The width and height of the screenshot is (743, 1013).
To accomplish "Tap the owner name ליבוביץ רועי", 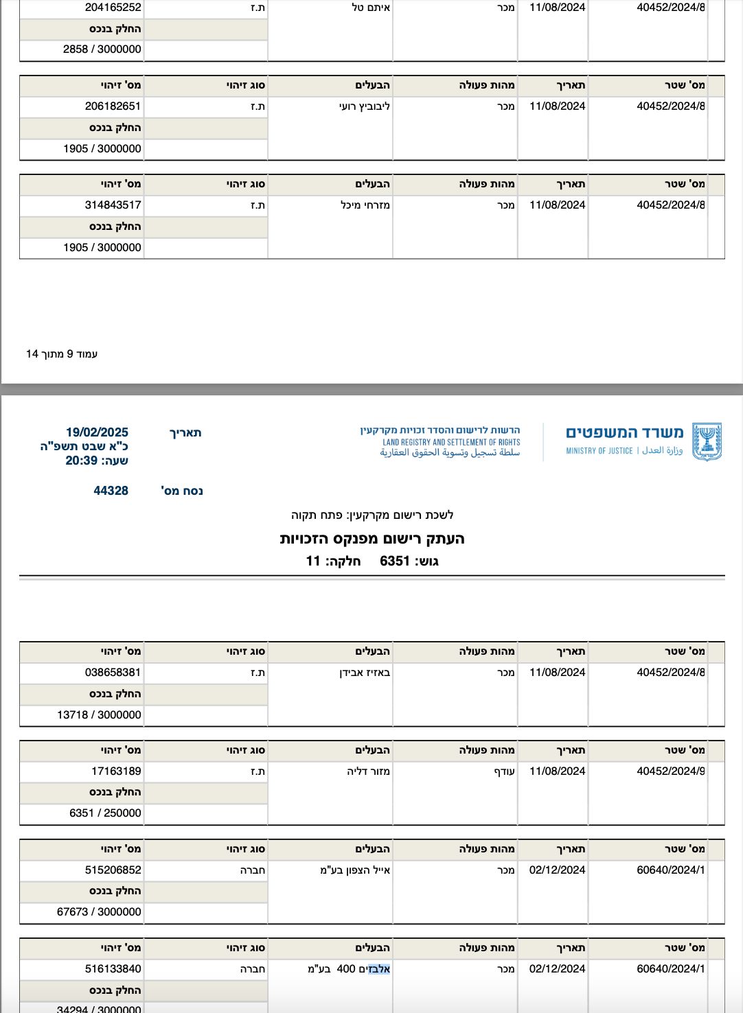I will tap(365, 106).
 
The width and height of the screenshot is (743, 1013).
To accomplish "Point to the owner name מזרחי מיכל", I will tap(365, 205).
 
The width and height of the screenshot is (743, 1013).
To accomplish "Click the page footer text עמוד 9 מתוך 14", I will tap(62, 354).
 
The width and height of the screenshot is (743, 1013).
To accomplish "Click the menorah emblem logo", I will tap(707, 442).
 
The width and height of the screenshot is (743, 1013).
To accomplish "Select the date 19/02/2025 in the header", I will tap(97, 432).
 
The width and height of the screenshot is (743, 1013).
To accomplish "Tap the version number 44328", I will tap(111, 491).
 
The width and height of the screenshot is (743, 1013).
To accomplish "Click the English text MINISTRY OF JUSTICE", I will tap(599, 451).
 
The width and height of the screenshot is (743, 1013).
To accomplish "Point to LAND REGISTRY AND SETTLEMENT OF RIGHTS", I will tap(451, 443).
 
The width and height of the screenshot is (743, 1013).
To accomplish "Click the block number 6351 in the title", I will tap(395, 561).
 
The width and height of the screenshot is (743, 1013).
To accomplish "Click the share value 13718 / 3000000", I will tap(99, 715).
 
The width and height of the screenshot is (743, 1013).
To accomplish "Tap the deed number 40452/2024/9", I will tap(670, 771).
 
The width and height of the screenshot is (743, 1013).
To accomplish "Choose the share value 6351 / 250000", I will tap(105, 813).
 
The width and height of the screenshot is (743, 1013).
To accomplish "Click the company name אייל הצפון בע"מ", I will tap(355, 870).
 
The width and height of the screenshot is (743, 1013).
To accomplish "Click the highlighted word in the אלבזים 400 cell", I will tap(379, 969).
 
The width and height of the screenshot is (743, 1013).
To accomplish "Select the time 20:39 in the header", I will tap(81, 461).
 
